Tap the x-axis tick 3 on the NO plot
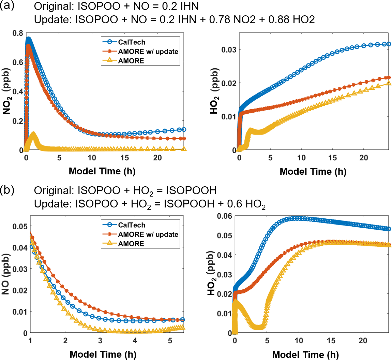tap(100, 341)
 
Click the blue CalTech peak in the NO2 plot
tap(28, 39)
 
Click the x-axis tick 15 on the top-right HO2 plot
tap(332, 158)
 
